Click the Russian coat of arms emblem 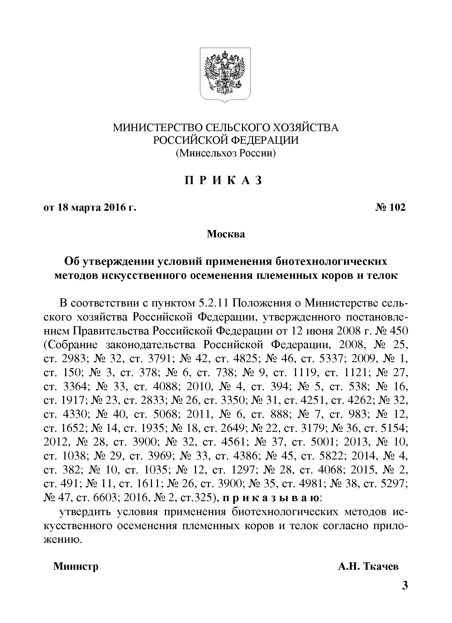225,74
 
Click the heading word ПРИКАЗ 223,180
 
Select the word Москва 226,234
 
